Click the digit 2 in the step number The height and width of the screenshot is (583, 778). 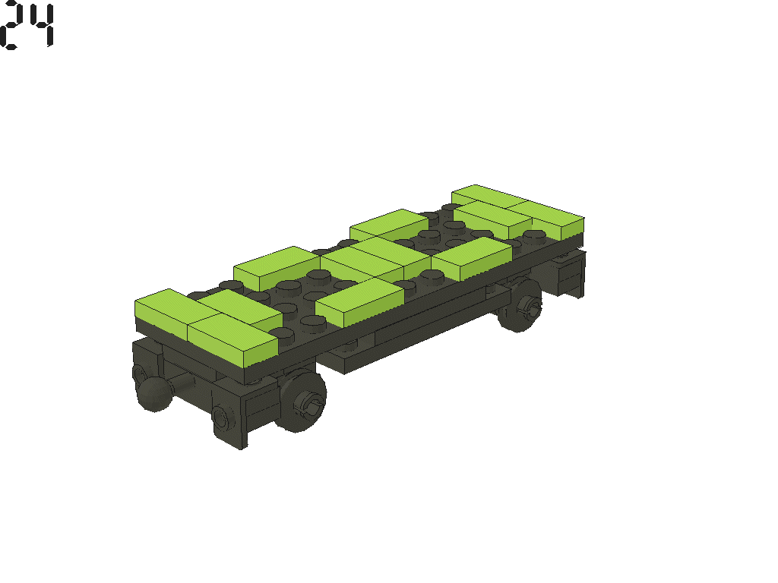click(11, 27)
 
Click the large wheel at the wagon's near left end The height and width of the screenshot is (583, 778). click(302, 399)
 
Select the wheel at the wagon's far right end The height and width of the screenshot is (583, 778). click(523, 305)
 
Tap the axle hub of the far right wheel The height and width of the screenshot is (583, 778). click(530, 307)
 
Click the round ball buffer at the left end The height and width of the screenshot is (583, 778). click(154, 394)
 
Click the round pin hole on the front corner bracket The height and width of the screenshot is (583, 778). click(221, 416)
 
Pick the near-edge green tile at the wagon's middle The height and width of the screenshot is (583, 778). click(359, 301)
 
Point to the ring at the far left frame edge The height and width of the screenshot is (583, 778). click(141, 373)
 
